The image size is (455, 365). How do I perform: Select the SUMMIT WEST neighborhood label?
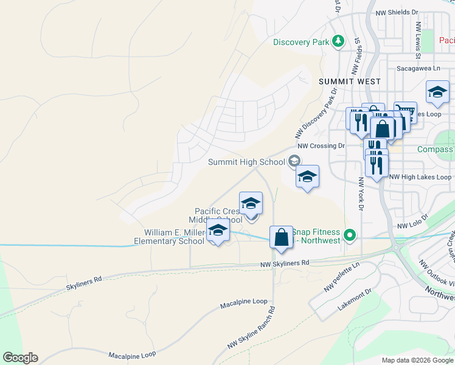[350, 82]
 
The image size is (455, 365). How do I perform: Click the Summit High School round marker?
[294, 161]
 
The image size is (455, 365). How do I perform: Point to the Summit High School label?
[246, 162]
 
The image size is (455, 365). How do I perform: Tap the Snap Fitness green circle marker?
[349, 235]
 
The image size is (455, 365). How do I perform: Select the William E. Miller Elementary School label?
[175, 237]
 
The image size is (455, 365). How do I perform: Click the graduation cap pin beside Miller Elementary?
[217, 231]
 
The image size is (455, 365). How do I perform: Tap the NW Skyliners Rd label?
[285, 263]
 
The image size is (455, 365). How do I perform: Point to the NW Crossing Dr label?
[321, 146]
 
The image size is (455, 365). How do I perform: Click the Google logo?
[20, 358]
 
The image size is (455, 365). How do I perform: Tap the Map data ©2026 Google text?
[417, 360]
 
